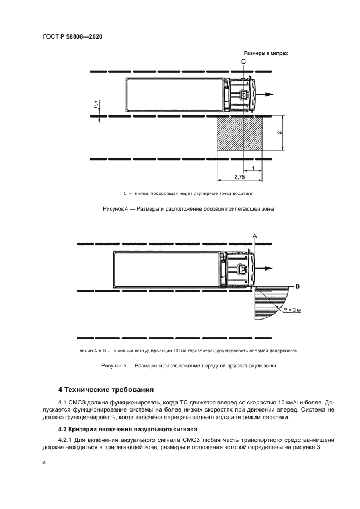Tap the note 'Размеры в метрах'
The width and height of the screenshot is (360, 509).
tap(265, 53)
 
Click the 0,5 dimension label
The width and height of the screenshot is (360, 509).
tap(96, 105)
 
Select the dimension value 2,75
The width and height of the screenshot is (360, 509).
tap(239, 177)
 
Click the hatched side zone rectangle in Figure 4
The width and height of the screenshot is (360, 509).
tap(240, 134)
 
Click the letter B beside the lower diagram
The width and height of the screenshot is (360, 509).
tap(297, 285)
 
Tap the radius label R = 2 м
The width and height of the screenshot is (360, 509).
tap(295, 310)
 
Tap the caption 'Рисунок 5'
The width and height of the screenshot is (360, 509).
tap(114, 366)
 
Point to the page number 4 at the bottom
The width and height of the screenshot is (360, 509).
tap(45, 462)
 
